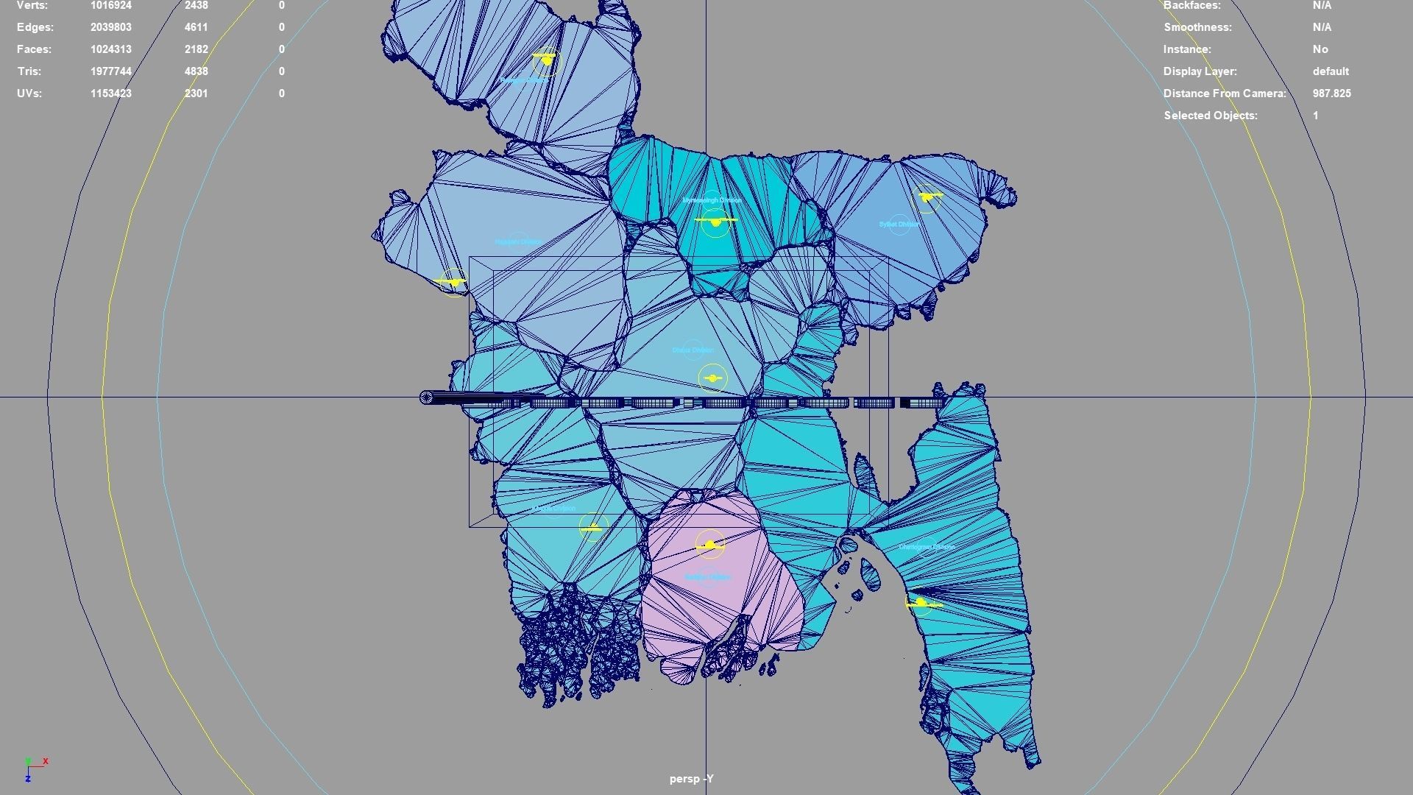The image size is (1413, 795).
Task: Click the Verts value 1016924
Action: pos(111,6)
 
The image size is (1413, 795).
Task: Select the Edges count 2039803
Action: pos(111,27)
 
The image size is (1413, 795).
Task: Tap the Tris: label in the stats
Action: pos(29,71)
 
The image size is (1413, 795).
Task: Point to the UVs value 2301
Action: pos(196,93)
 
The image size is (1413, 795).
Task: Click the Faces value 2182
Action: pos(196,49)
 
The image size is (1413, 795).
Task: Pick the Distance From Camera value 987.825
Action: pos(1331,93)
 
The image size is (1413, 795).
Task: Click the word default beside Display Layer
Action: pos(1331,71)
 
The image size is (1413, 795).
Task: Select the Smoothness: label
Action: pos(1197,27)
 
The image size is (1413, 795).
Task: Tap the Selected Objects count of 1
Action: pos(1315,116)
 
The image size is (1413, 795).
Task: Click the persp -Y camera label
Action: pos(691,779)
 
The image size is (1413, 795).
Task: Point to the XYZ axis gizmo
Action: pos(34,768)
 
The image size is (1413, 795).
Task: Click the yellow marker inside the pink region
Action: pos(710,545)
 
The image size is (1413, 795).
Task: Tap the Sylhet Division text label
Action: pos(899,224)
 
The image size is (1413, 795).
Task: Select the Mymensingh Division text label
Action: pos(712,200)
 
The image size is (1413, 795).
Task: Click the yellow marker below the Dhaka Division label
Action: pos(712,378)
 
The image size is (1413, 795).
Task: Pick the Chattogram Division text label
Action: pos(927,547)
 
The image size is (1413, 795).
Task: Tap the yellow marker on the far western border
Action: pos(452,281)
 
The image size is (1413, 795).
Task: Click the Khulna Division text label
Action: pos(554,508)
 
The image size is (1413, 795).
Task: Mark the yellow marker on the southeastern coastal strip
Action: pos(921,603)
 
